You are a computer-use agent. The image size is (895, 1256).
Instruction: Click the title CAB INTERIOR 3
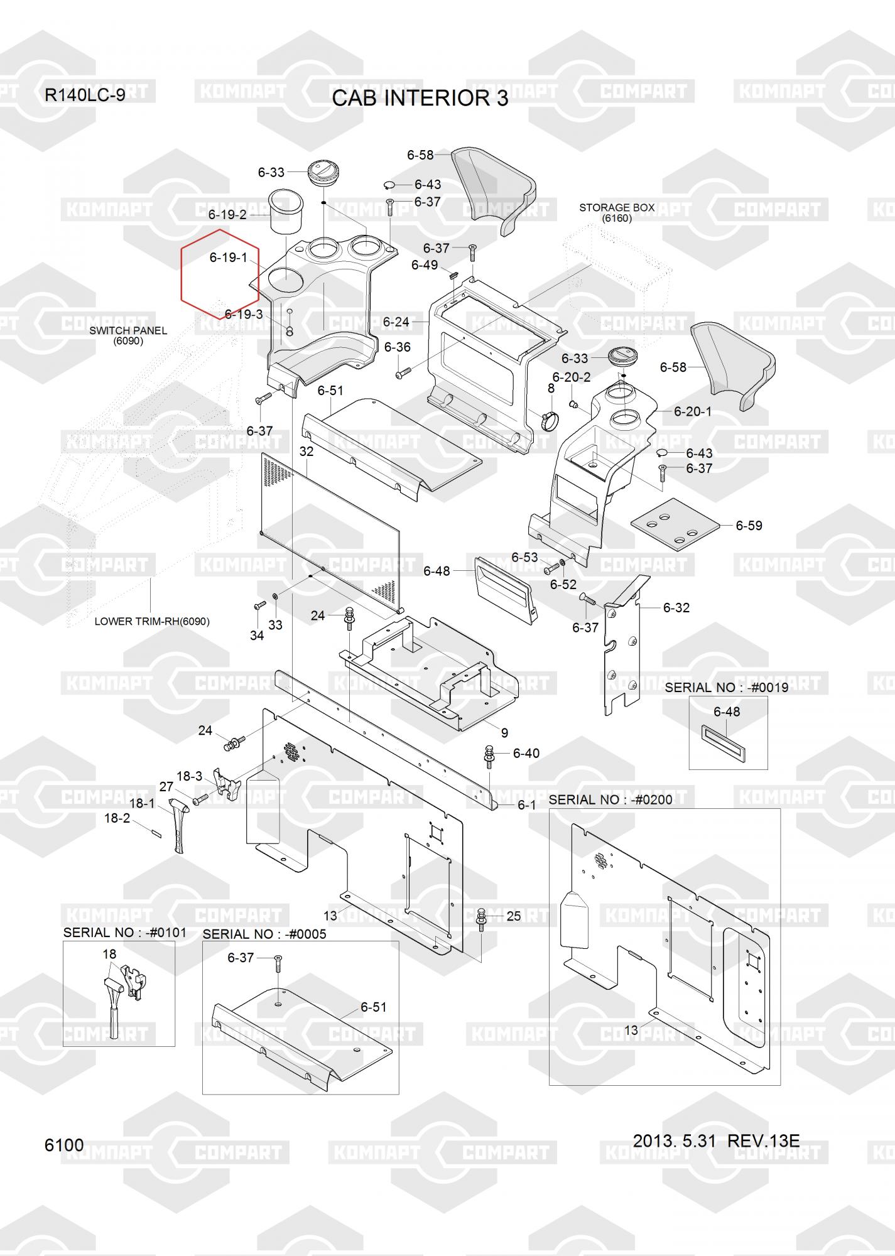tap(420, 99)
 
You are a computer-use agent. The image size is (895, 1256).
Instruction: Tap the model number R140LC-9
tap(85, 95)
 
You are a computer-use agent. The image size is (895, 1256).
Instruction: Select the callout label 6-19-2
tap(227, 215)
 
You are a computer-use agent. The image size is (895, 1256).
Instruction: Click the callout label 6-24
tap(396, 322)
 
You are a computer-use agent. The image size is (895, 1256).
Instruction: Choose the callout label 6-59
tap(749, 526)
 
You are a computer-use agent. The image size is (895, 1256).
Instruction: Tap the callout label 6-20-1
tap(693, 411)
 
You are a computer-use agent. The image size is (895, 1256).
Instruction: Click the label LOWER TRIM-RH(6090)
tap(152, 621)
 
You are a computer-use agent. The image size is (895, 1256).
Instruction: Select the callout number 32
tap(306, 452)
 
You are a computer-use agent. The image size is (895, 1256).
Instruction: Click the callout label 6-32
tap(676, 607)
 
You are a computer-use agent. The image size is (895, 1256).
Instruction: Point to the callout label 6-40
tap(526, 753)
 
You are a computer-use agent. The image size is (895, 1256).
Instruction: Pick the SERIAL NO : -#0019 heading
tap(726, 687)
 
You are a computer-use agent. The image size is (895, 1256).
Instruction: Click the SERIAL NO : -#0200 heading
tap(610, 799)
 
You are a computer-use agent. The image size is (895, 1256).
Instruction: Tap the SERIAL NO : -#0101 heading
tap(125, 932)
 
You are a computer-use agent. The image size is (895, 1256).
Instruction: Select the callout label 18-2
tap(117, 818)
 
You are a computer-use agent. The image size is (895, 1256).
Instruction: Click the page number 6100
tap(64, 1145)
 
